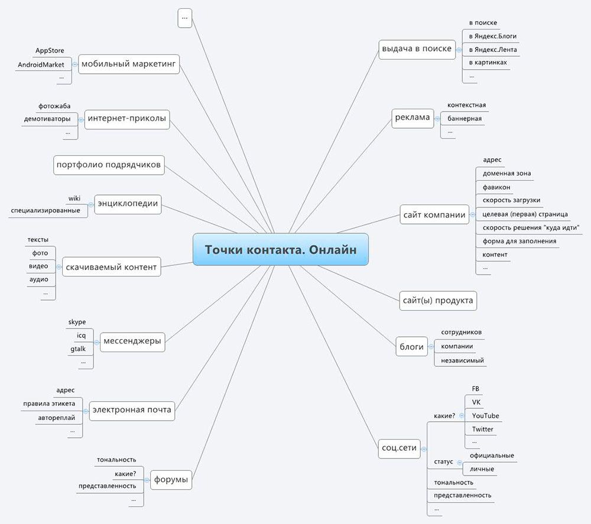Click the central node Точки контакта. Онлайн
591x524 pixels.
[281, 249]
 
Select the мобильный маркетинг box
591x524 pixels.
[129, 64]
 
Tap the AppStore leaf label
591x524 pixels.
[50, 51]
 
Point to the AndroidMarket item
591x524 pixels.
[41, 64]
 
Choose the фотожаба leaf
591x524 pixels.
[54, 106]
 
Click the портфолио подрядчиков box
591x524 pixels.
[108, 165]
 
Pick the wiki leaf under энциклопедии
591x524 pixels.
[74, 198]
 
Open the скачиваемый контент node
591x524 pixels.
[111, 267]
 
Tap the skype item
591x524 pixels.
[77, 322]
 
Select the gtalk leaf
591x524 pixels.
[78, 349]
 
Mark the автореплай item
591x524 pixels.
[56, 418]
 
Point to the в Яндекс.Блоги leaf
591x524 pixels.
[492, 36]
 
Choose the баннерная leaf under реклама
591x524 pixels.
[465, 119]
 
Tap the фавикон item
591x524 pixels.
[496, 187]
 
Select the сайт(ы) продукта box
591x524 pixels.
[437, 300]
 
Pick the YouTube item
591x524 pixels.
[485, 416]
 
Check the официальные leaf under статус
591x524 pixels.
[492, 455]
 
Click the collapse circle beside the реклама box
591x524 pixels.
[437, 118]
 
